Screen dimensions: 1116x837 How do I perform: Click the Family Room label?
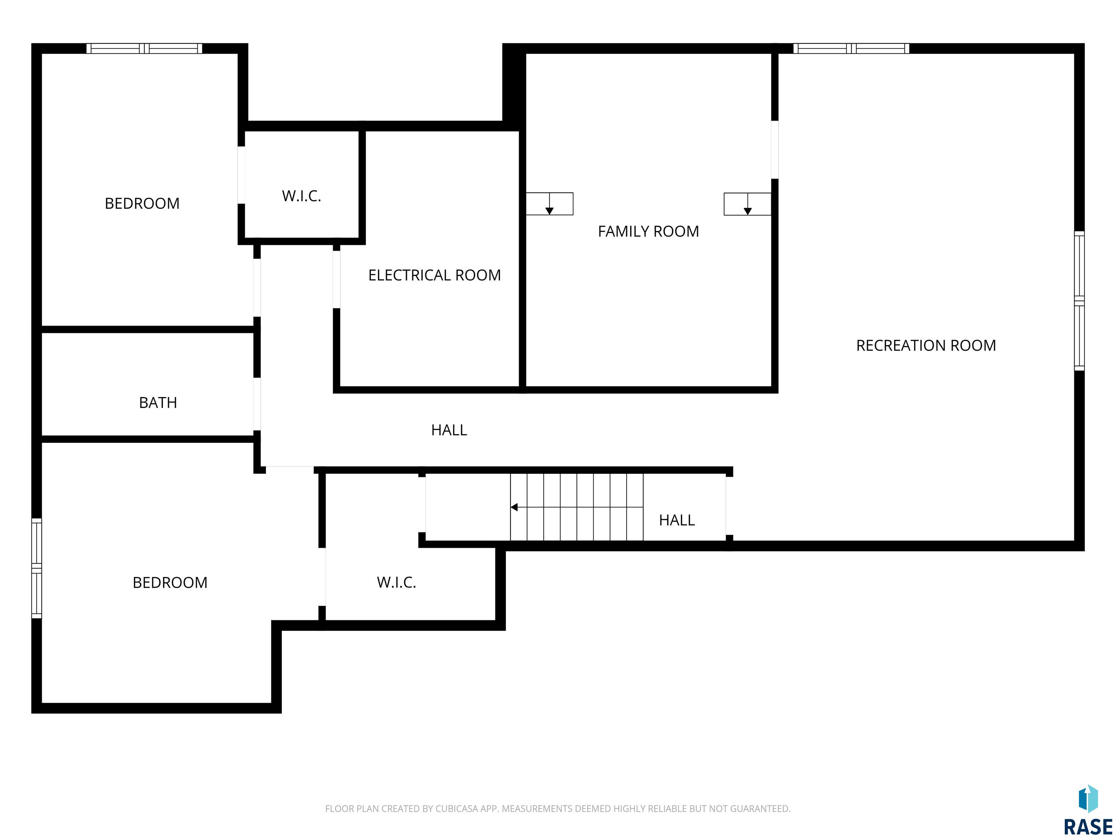(x=648, y=231)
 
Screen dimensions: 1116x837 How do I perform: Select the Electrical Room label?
(x=434, y=275)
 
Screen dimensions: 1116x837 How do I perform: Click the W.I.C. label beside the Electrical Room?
(x=301, y=196)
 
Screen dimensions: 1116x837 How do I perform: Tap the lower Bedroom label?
(x=170, y=583)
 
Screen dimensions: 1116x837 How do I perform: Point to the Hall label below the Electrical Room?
(x=449, y=430)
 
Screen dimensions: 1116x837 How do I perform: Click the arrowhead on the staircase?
(x=514, y=507)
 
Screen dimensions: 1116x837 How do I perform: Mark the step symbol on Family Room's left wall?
(x=549, y=204)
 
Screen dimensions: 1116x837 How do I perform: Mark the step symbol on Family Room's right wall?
(x=747, y=204)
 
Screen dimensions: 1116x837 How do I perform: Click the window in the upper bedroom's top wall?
(x=144, y=48)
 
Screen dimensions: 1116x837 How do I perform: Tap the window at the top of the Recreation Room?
(x=851, y=48)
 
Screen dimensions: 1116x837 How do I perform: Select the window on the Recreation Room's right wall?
(x=1079, y=301)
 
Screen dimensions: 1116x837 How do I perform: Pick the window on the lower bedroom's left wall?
(x=36, y=568)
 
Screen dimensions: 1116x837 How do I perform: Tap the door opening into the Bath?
(x=257, y=404)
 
